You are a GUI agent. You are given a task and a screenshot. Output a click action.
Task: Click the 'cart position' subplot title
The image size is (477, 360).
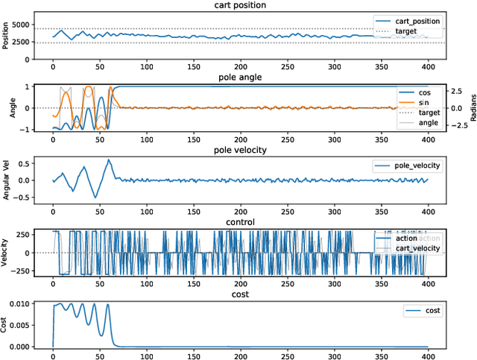pos(238,5)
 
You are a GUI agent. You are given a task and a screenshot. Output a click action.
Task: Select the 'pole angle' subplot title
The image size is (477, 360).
pos(238,77)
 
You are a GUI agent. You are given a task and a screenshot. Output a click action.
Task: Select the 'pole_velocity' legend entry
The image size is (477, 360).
pos(414,165)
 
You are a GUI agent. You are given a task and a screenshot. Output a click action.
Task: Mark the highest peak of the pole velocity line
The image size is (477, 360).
pos(108,160)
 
